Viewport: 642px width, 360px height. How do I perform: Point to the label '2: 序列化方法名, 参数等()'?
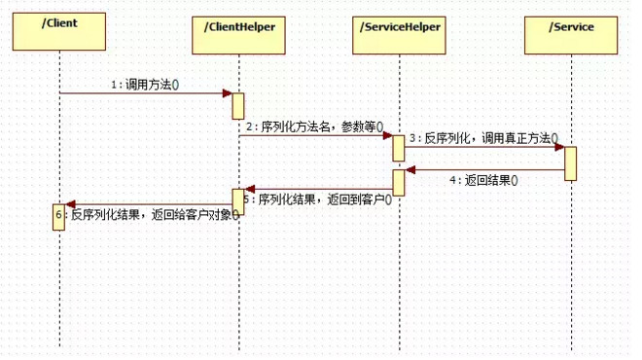click(314, 126)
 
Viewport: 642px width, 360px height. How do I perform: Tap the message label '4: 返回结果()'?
click(484, 180)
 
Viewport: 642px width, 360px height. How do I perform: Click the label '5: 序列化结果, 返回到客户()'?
click(317, 199)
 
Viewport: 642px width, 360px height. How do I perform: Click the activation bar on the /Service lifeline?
click(570, 162)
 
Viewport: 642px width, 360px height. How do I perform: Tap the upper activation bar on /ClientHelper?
click(237, 105)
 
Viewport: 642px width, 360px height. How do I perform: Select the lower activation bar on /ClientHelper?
click(237, 201)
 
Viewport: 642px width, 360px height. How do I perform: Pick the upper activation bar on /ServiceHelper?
click(398, 148)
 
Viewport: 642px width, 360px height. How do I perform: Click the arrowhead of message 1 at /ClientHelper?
click(227, 93)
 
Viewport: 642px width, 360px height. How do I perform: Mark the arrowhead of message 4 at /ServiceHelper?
click(410, 170)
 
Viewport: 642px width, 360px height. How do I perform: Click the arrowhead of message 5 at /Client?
click(69, 203)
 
